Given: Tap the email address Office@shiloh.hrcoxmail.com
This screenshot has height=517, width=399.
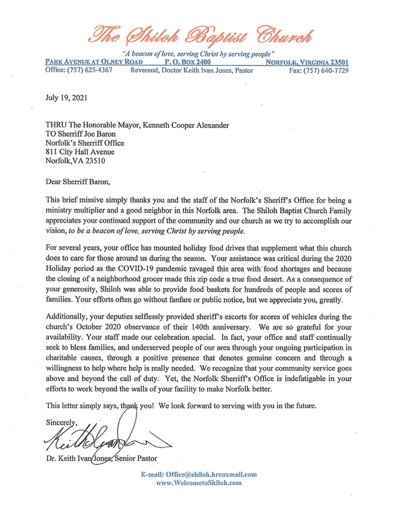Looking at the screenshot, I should point(208,474).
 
